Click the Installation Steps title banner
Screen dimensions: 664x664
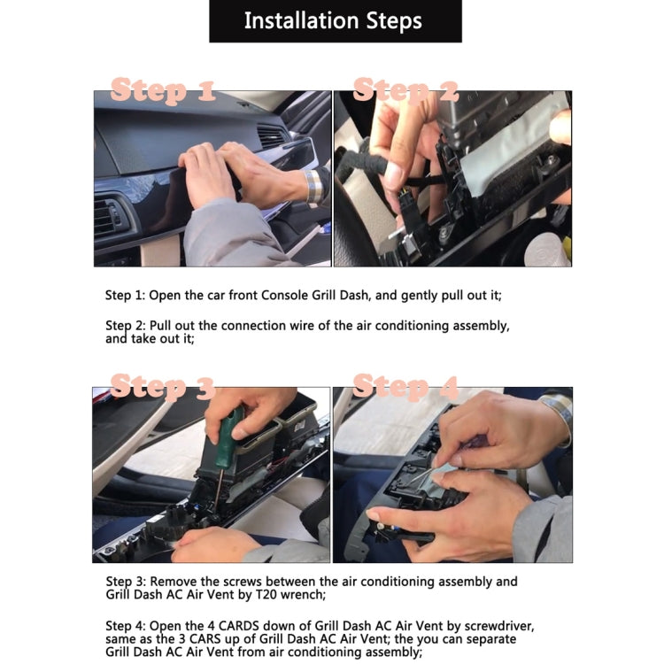[335, 21]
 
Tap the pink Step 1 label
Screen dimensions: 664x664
[163, 90]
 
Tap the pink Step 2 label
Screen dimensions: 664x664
[405, 90]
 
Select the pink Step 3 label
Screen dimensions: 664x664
[163, 387]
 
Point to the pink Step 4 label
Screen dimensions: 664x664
[405, 387]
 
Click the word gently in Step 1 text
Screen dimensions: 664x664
[420, 296]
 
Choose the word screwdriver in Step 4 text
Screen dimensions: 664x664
[498, 626]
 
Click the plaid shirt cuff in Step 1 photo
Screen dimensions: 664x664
[314, 186]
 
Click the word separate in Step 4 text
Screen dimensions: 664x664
[488, 639]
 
